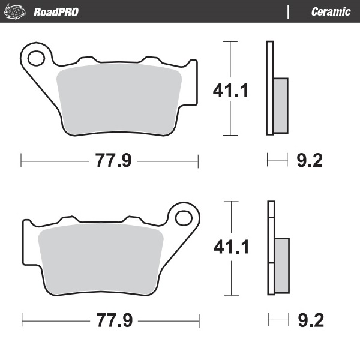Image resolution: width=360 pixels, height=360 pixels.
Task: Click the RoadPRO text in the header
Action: pyautogui.click(x=56, y=12)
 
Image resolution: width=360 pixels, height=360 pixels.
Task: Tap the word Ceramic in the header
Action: pyautogui.click(x=331, y=12)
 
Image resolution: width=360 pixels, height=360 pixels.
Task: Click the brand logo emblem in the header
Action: pyautogui.click(x=17, y=12)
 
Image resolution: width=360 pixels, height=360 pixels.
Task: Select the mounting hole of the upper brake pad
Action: pyautogui.click(x=35, y=58)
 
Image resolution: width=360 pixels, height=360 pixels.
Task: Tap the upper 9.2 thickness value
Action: pyautogui.click(x=310, y=160)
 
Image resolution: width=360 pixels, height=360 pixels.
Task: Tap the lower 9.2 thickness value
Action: pyautogui.click(x=310, y=320)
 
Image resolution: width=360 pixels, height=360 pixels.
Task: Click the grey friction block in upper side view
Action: pyautogui.click(x=280, y=106)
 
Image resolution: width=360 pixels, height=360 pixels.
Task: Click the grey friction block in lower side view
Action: pyautogui.click(x=281, y=265)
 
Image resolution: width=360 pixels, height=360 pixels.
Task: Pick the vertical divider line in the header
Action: pyautogui.click(x=289, y=12)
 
